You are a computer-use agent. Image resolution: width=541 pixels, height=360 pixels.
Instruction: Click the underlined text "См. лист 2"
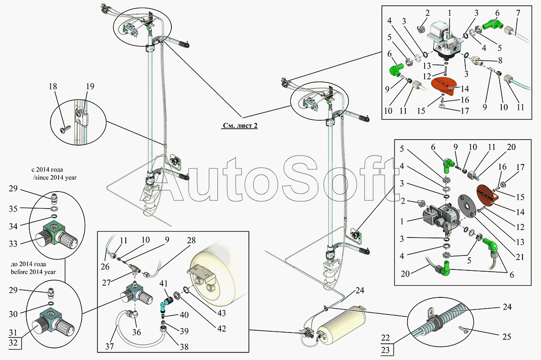pos(239,126)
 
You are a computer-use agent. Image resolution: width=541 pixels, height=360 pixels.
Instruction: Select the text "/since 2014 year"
pos(55,178)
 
